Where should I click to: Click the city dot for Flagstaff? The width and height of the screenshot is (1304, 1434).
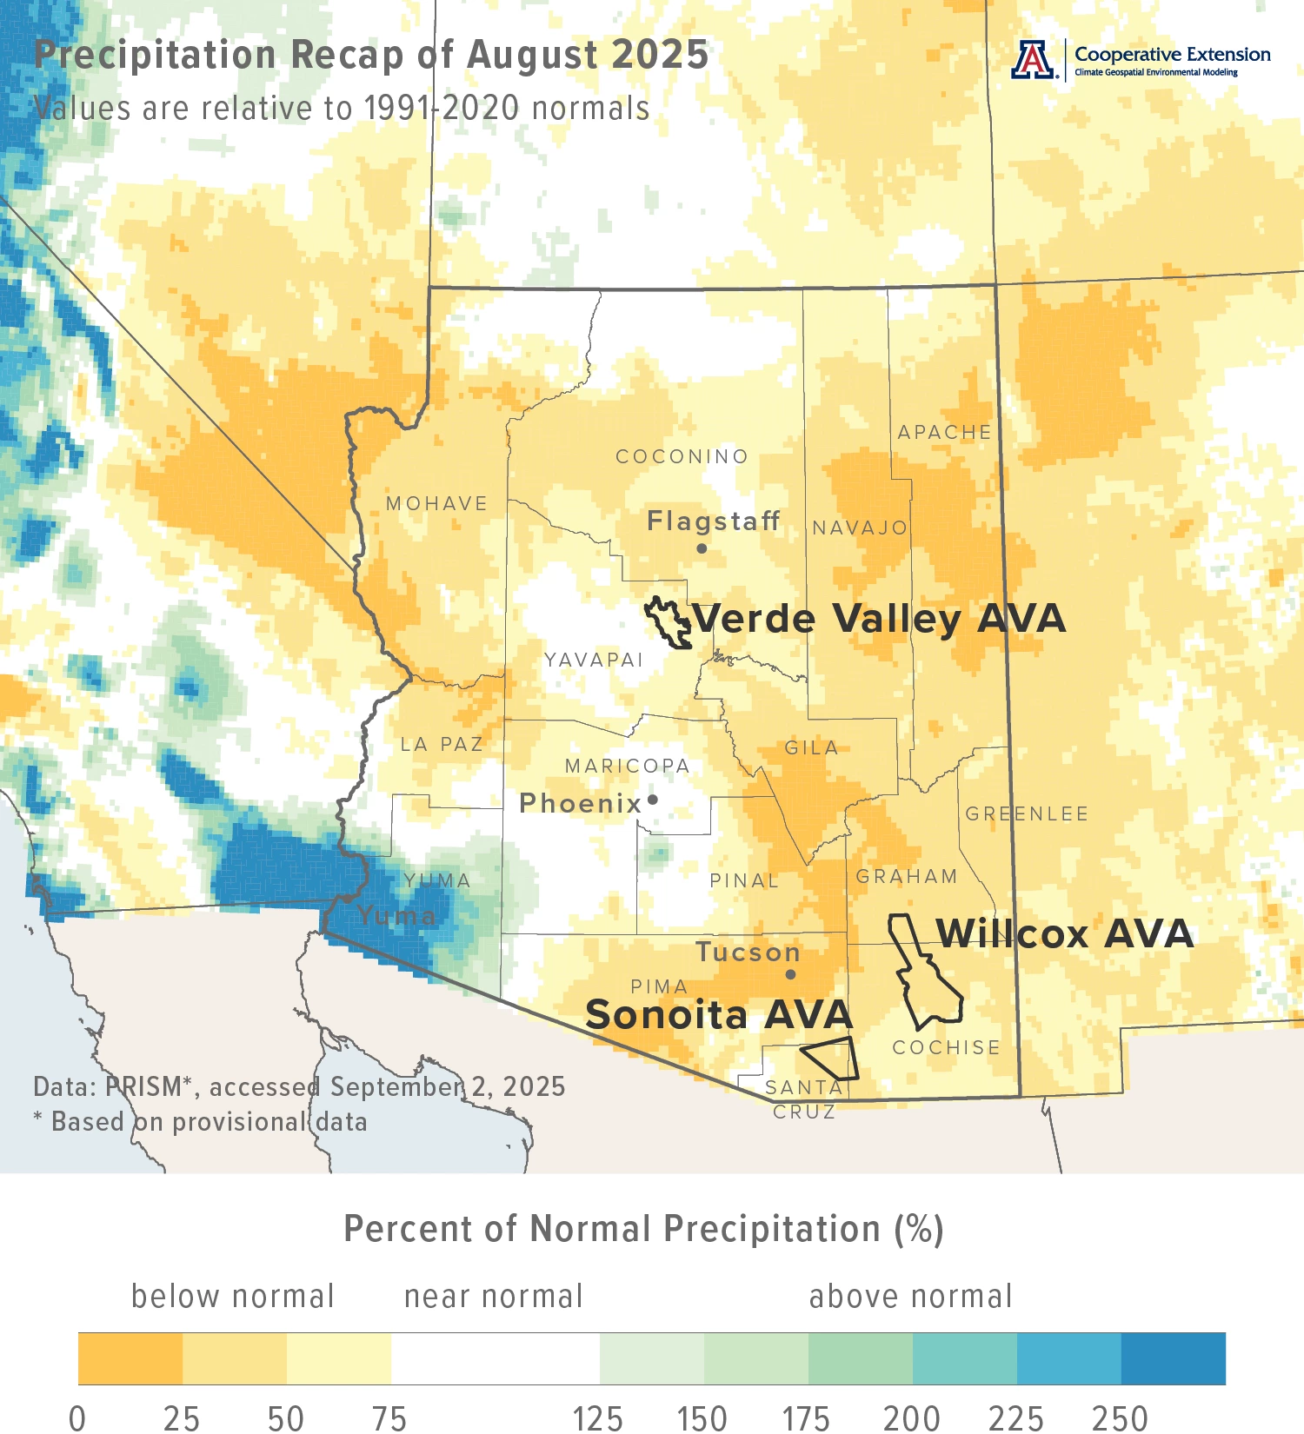pos(702,548)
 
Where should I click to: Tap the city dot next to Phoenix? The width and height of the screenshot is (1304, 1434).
pos(653,800)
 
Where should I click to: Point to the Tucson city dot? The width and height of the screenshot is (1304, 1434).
pos(790,974)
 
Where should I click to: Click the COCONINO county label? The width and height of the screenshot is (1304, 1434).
pos(682,456)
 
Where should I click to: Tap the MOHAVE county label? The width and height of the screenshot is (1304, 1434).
pos(436,503)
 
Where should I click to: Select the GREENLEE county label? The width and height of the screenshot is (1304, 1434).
pos(1027,813)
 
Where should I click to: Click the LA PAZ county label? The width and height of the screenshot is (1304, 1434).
pos(442,744)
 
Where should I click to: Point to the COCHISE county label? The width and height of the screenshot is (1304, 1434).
pos(946,1047)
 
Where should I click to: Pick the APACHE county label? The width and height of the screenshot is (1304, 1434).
pos(944,432)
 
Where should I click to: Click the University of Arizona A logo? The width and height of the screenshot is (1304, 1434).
pos(1033,60)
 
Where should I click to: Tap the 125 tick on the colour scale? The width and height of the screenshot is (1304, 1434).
pos(598,1417)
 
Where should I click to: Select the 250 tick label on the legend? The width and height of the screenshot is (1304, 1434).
pos(1120,1417)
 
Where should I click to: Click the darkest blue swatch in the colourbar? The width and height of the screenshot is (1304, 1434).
pos(1173,1358)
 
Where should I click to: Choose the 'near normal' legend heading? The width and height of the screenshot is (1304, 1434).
pos(493,1296)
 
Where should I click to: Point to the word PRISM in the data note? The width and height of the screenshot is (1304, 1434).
pos(143,1086)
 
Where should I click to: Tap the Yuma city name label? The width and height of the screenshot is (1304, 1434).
pos(396,915)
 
